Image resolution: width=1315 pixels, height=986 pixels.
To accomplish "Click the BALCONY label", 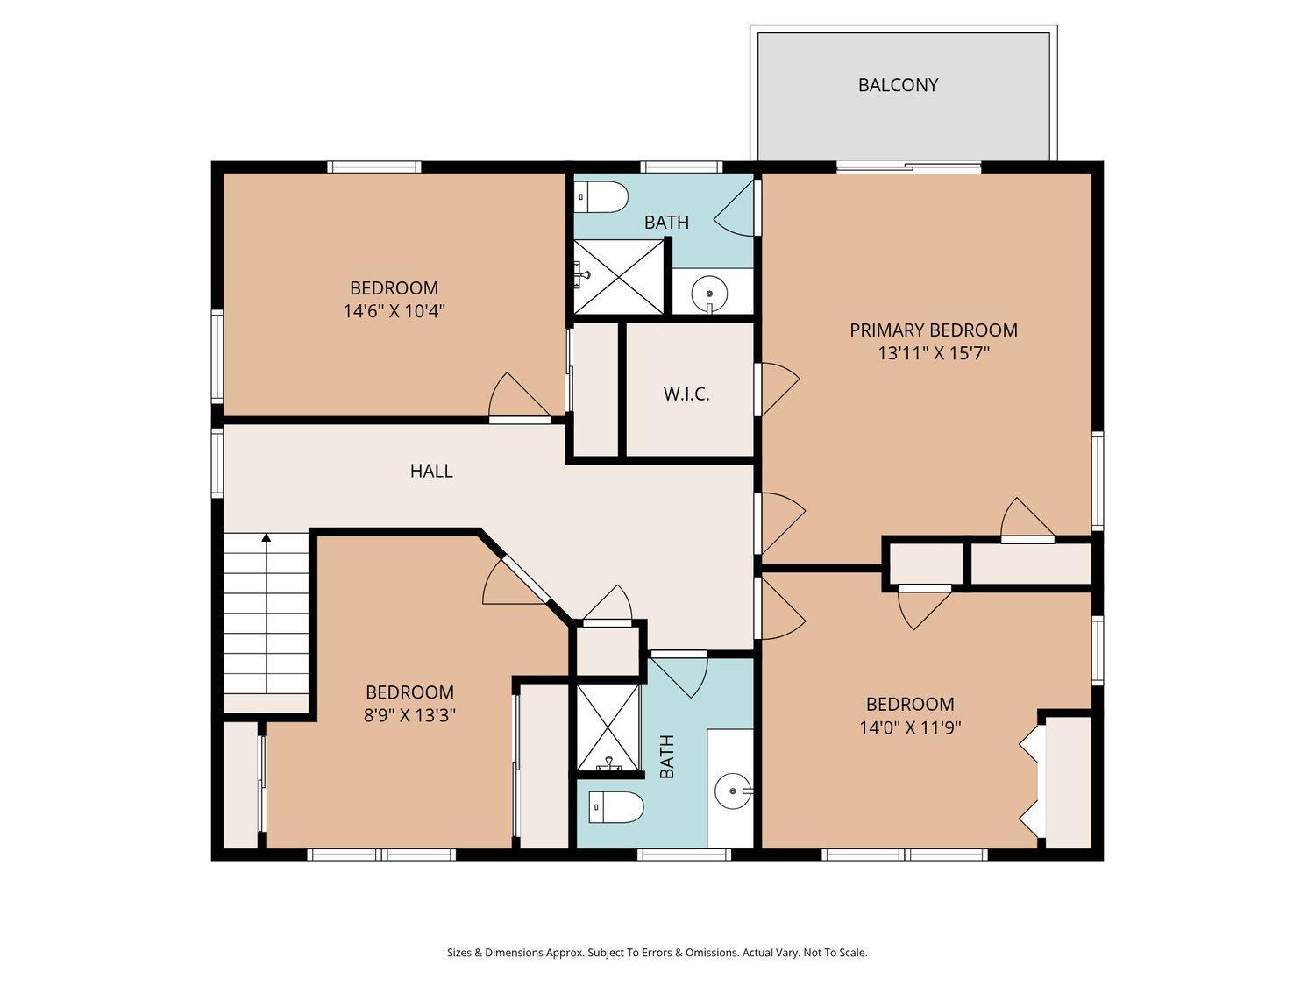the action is tap(898, 85).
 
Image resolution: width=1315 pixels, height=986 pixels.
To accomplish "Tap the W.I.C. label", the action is tap(686, 394).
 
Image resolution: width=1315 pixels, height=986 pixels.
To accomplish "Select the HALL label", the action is tap(431, 472).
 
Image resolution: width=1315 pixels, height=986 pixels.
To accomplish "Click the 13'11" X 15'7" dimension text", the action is tap(934, 353).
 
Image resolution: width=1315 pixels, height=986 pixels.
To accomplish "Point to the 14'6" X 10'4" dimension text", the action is tap(394, 311).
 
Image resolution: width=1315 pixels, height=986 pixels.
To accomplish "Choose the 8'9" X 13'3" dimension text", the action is tap(409, 715).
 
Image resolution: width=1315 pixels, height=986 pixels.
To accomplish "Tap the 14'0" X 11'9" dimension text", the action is tap(910, 728).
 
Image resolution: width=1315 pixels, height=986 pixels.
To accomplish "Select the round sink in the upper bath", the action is tap(710, 294).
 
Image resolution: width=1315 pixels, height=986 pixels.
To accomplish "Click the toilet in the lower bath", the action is tap(616, 807).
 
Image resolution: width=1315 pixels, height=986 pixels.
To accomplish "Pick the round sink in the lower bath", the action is tap(734, 791).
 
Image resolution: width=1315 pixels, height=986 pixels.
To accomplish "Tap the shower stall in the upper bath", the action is tap(619, 277).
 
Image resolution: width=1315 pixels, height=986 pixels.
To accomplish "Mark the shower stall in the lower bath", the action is tap(608, 728).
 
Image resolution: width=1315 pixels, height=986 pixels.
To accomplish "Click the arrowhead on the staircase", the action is tap(267, 537).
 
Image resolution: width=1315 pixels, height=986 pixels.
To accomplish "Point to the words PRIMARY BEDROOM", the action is tap(934, 330).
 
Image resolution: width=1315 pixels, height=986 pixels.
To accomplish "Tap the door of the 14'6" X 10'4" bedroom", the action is tap(520, 395).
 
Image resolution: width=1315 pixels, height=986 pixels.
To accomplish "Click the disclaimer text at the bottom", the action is tap(657, 953).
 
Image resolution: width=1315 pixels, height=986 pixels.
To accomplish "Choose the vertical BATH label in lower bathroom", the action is tap(667, 756).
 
